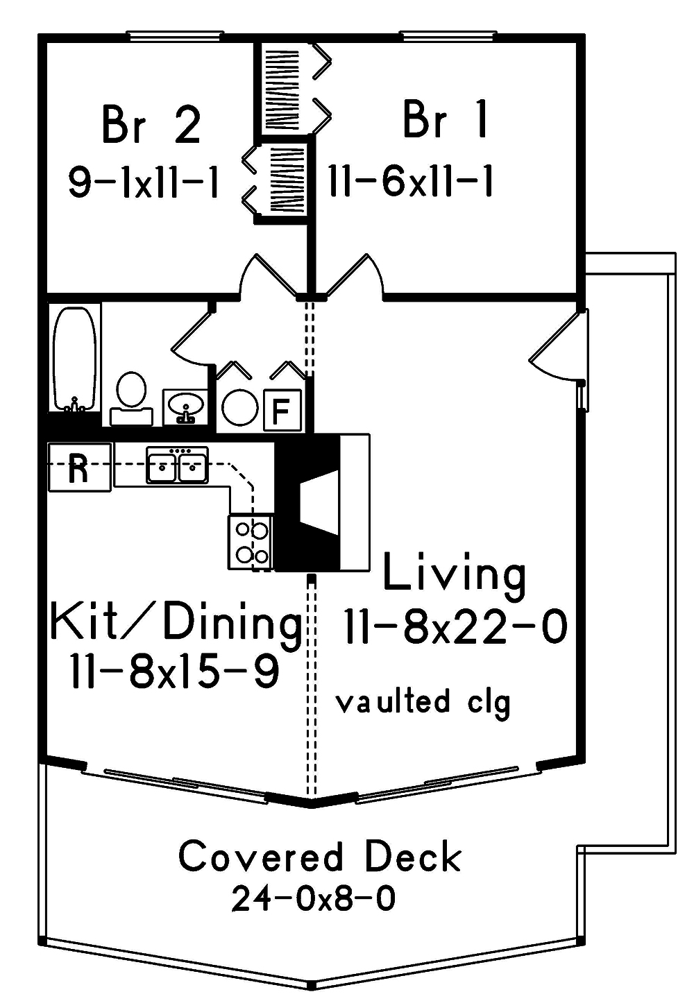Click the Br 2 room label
coord(151,125)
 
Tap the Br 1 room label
coord(446,120)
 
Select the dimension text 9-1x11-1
coord(144,183)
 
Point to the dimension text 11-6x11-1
coord(411,183)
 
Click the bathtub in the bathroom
coord(74,359)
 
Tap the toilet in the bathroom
coord(130,396)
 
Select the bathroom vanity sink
coord(185,406)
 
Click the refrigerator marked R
coord(78,467)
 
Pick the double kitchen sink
coord(177,465)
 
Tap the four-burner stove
coord(250,542)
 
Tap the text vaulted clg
coord(423,702)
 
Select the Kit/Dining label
coord(176,623)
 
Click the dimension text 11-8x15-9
coord(174,671)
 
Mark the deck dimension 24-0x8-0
coord(314,899)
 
